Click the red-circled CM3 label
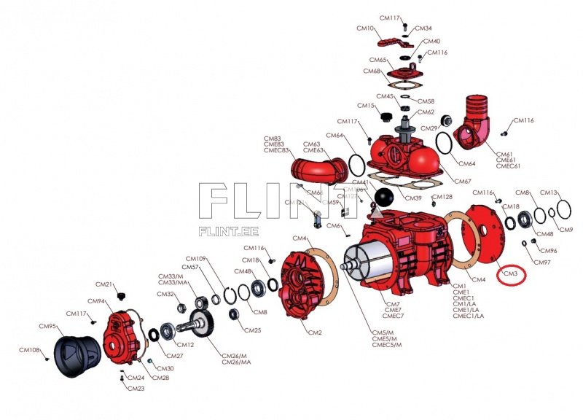(x=511, y=273)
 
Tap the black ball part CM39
(x=384, y=196)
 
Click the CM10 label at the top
(x=365, y=28)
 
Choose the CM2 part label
(x=315, y=332)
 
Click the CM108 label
(x=30, y=350)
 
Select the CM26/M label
(x=237, y=356)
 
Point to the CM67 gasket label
(x=463, y=181)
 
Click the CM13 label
(x=549, y=192)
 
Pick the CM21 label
(x=104, y=284)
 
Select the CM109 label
(x=196, y=259)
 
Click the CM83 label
(x=273, y=138)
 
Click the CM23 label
(x=136, y=389)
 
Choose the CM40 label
(x=431, y=42)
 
